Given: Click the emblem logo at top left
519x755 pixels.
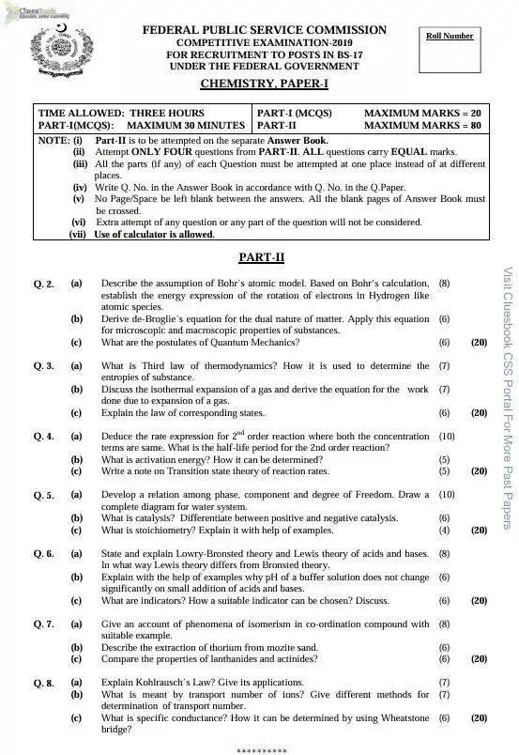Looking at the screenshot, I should pyautogui.click(x=54, y=51).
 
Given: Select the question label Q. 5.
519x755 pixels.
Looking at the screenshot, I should pyautogui.click(x=43, y=494).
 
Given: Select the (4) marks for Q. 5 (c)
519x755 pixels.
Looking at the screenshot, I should pyautogui.click(x=444, y=530).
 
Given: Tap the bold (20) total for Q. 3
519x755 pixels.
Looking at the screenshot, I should pyautogui.click(x=479, y=412).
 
